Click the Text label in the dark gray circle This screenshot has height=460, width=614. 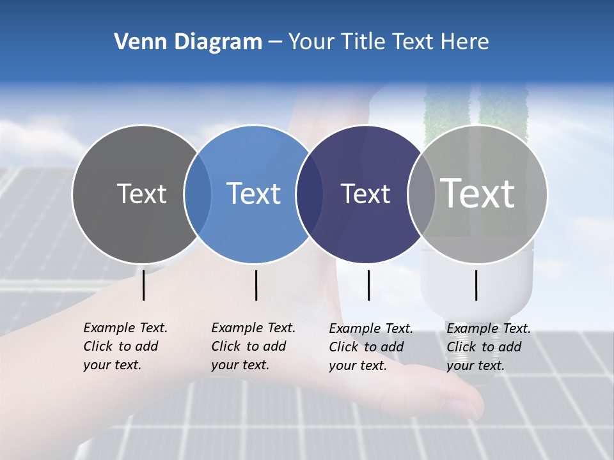click(141, 194)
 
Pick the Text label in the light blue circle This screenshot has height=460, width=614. click(253, 194)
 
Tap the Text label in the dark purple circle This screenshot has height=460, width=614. click(365, 194)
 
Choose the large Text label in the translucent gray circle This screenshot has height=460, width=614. click(478, 194)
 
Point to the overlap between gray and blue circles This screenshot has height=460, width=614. click(198, 194)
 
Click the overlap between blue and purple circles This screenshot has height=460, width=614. click(310, 194)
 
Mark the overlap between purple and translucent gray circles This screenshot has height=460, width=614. click(420, 194)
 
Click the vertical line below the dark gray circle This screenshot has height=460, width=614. click(144, 285)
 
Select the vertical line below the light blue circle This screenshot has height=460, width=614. click(256, 285)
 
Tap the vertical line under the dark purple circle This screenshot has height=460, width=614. click(368, 285)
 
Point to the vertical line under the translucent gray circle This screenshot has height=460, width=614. click(476, 285)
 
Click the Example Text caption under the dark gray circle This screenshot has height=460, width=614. click(125, 346)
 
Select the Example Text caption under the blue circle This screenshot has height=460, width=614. click(253, 346)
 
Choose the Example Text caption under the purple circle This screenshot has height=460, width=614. click(370, 347)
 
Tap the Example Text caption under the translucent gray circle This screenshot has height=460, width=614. click(488, 347)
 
